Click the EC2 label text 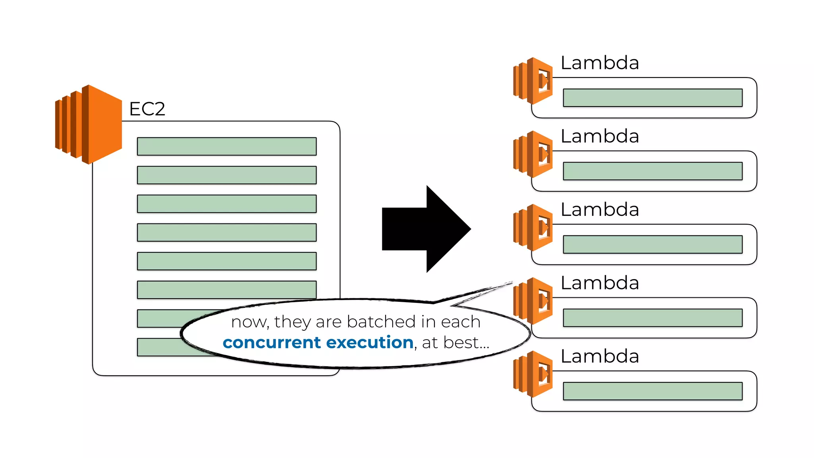click(x=147, y=109)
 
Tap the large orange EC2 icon click(x=88, y=124)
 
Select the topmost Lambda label click(x=599, y=63)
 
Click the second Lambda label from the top click(x=599, y=136)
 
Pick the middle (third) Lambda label click(x=599, y=210)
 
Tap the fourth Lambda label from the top click(x=599, y=283)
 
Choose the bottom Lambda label click(x=599, y=356)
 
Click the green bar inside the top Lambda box click(x=653, y=98)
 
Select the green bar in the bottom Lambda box click(x=653, y=391)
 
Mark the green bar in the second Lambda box click(x=653, y=171)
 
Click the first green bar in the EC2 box click(x=227, y=146)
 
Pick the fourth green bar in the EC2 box click(x=227, y=233)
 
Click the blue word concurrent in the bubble click(x=271, y=343)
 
